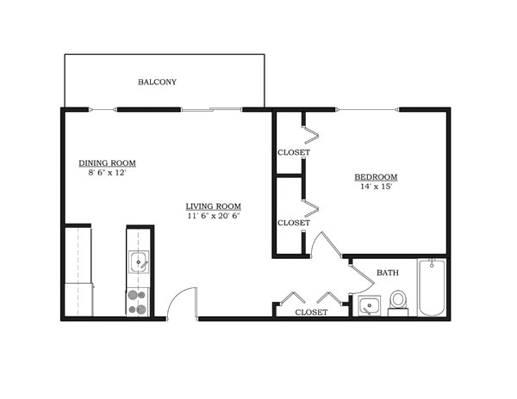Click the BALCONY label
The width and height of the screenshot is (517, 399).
157,83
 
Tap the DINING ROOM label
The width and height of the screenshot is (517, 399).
108,163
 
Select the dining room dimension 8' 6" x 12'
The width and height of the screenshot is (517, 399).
108,173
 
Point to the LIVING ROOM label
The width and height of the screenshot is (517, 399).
213,206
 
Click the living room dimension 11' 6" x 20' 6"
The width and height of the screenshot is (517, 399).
213,217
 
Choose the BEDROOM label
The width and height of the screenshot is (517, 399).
376,178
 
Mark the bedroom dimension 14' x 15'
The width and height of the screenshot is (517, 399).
376,188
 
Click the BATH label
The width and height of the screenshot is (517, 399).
388,273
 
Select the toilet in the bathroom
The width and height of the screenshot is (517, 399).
398,302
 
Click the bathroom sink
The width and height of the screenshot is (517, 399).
370,305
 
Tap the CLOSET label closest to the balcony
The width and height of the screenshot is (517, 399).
294,152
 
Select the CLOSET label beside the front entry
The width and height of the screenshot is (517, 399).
311,312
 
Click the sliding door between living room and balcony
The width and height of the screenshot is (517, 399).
211,109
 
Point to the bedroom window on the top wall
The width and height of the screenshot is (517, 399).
368,109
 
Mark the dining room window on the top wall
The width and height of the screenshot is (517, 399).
102,109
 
